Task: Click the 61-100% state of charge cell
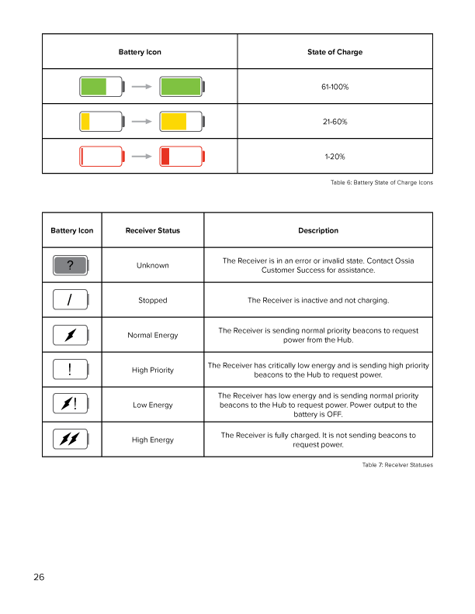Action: coord(335,87)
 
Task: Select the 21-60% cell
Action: coord(335,122)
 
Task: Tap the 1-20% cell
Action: coord(335,157)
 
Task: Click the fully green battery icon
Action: coord(181,87)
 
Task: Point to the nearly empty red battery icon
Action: coord(102,157)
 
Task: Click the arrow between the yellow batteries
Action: coord(140,122)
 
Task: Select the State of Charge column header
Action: coord(335,52)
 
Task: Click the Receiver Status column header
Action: coord(152,230)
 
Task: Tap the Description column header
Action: coord(317,230)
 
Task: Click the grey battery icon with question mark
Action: coord(71,266)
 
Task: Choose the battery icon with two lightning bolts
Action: coord(71,440)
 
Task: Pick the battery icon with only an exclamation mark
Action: coord(71,370)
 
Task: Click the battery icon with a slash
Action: coord(71,300)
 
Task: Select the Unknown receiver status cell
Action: coord(152,265)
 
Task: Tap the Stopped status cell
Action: coord(152,300)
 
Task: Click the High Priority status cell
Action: coord(152,370)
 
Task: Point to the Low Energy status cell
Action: coord(152,405)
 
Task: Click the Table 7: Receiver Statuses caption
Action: coord(397,465)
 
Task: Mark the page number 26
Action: coord(39,577)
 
